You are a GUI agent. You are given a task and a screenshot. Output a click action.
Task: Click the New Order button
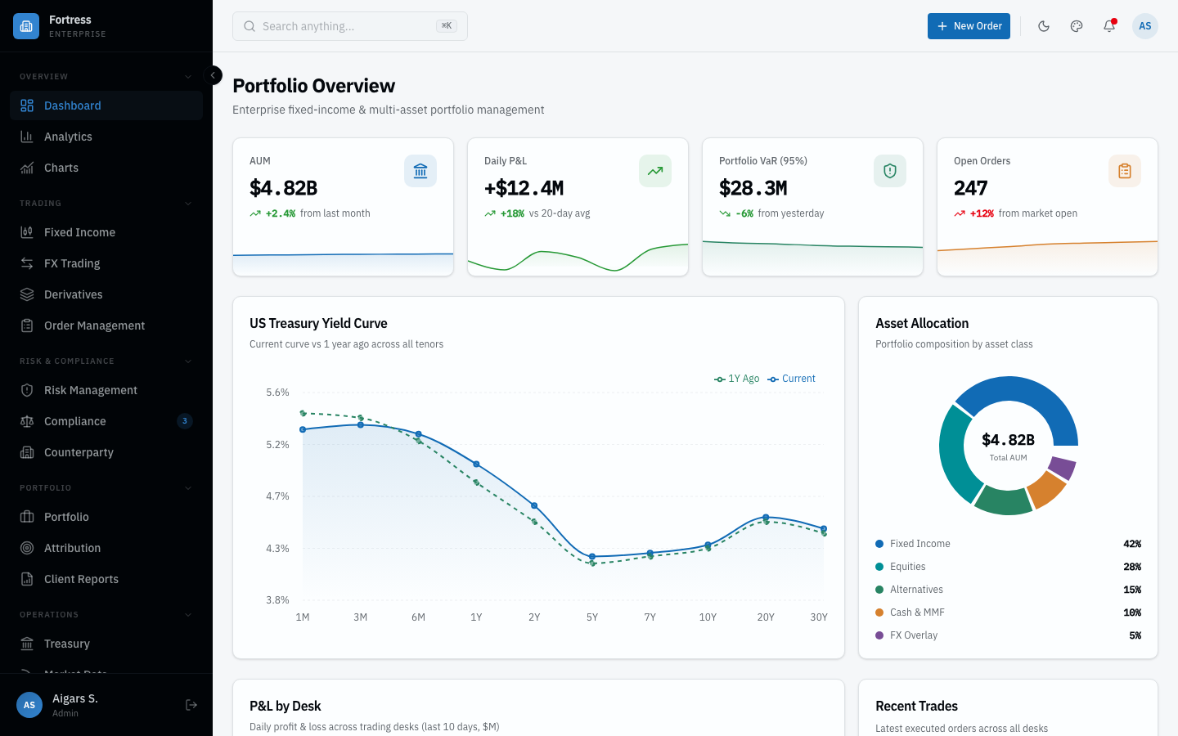[969, 26]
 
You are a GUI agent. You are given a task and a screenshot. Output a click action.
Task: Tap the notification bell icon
[1109, 26]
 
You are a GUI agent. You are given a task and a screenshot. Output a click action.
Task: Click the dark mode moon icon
[1044, 26]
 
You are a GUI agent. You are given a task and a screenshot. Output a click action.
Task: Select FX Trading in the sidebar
[72, 263]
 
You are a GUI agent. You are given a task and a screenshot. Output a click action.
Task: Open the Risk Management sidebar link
[90, 390]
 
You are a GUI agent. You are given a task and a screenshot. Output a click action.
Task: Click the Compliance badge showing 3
[185, 421]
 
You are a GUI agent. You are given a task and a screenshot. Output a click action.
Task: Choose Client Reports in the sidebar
[81, 579]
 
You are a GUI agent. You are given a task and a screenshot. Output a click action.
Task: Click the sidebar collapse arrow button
[213, 75]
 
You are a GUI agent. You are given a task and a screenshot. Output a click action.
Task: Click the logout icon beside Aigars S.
[191, 705]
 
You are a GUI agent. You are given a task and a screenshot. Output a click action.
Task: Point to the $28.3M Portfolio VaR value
[753, 188]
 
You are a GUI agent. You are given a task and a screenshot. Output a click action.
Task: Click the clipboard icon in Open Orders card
[1125, 171]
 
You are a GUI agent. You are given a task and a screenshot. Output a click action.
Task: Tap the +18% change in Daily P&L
[512, 213]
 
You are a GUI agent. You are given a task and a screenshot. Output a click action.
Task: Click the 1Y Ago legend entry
[737, 379]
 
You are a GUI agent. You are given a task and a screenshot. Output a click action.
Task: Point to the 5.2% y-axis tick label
[277, 445]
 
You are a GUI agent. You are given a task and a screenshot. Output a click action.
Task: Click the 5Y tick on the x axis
[592, 617]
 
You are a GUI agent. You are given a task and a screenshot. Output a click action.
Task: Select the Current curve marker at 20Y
[766, 518]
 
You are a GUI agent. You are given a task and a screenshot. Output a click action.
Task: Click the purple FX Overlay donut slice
[1062, 468]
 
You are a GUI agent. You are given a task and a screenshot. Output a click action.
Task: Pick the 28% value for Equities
[1132, 567]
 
